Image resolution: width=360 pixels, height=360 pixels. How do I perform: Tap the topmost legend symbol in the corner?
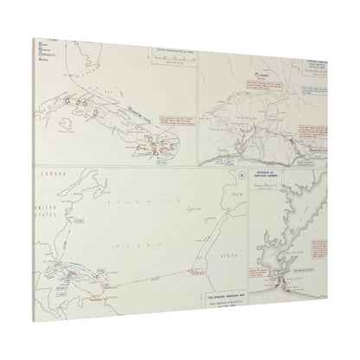(x=41, y=43)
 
